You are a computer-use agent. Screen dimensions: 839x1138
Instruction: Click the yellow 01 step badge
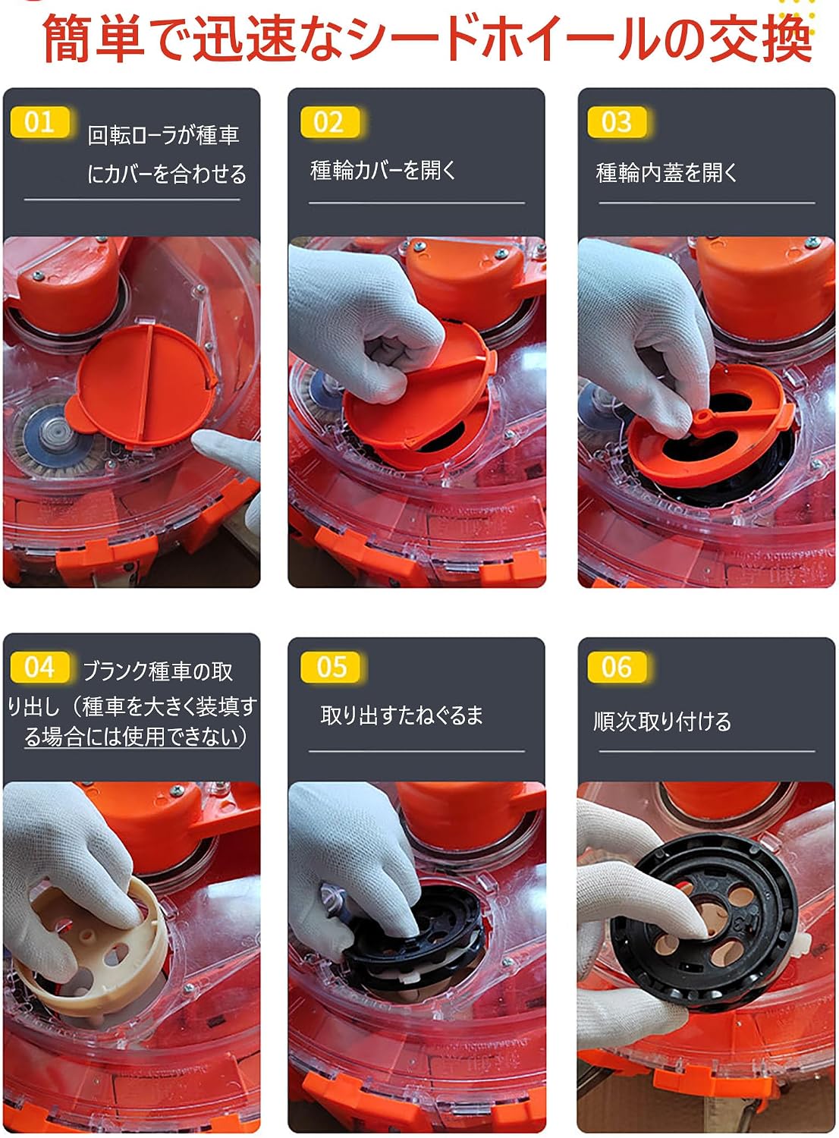pos(39,122)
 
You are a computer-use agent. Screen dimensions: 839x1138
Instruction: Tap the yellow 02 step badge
pos(329,122)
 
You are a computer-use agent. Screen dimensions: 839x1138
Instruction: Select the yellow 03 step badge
pos(617,122)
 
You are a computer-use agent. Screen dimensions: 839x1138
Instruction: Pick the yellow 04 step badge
pos(39,667)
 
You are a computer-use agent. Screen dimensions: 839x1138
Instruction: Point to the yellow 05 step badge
pos(329,667)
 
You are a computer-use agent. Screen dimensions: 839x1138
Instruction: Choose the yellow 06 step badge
pos(617,667)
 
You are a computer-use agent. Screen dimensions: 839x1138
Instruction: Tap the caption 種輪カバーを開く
pos(384,170)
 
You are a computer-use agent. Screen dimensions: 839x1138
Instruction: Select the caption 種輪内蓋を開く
pos(666,173)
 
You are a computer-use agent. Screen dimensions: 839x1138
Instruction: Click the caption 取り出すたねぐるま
pos(402,715)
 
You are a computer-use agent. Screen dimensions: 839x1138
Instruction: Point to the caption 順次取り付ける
pos(662,721)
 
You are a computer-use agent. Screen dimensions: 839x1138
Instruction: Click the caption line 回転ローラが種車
pos(164,135)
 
